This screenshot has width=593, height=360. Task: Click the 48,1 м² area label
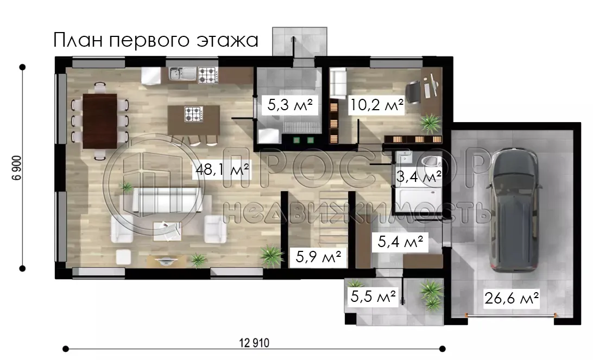[222, 172]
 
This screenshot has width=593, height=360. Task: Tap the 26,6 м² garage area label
[512, 298]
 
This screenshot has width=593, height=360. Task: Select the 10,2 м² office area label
[377, 105]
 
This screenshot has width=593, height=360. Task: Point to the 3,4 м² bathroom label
[417, 176]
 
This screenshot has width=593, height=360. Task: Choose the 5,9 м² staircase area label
[318, 256]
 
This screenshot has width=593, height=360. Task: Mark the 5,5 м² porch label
[373, 296]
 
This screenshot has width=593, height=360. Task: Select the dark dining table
[99, 121]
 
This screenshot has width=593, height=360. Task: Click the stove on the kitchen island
[193, 114]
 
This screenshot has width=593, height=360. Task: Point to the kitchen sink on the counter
[180, 74]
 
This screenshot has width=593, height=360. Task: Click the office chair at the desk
[414, 90]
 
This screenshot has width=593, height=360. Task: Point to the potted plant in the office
[430, 122]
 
